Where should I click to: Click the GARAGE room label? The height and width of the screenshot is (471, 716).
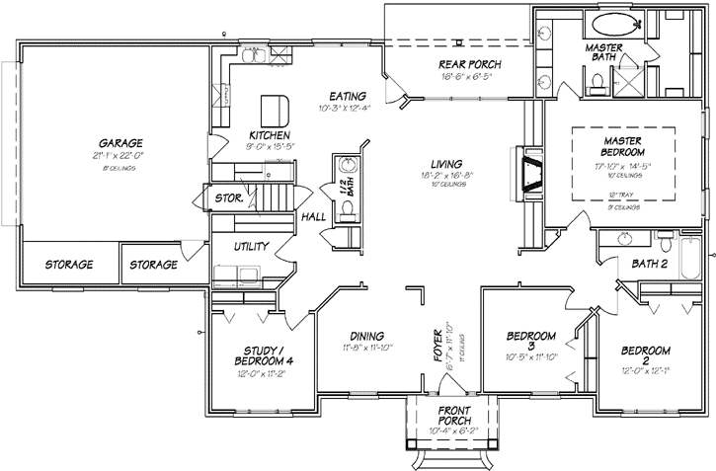pos(114,142)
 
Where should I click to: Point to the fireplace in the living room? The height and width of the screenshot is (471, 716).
pos(530,175)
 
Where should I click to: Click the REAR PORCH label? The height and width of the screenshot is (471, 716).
pos(470,65)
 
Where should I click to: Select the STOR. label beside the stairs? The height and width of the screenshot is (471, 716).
pos(229,198)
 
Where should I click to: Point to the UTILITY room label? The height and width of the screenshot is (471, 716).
pos(253,246)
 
